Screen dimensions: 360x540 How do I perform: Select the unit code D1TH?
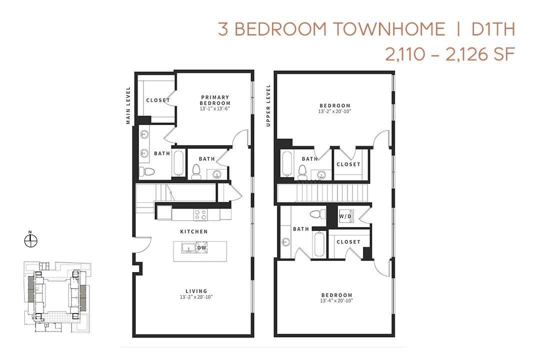(x=493, y=29)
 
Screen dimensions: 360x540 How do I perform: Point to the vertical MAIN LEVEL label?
(x=128, y=105)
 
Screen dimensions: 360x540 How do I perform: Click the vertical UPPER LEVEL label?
(x=268, y=105)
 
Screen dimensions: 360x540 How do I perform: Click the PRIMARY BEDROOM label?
(x=215, y=100)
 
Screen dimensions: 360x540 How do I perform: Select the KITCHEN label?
(x=194, y=232)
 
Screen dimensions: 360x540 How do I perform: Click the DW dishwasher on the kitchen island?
(x=202, y=247)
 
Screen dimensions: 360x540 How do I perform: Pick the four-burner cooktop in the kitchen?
(x=200, y=214)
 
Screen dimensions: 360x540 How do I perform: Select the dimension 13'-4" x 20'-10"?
(x=336, y=301)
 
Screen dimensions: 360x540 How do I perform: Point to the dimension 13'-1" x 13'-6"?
(x=215, y=108)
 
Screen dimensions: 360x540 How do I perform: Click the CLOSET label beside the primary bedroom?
(x=158, y=100)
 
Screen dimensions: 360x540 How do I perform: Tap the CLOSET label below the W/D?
(x=348, y=242)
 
